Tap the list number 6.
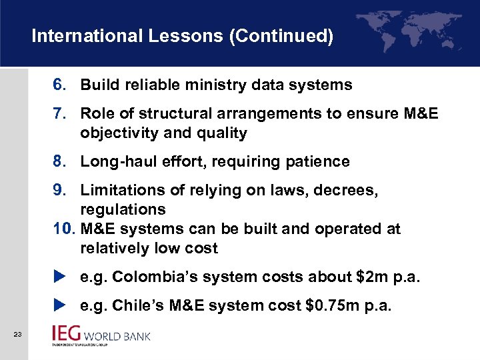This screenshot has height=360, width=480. pos(59,85)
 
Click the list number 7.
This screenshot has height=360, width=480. pos(59,114)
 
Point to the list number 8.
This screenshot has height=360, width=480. pos(59,162)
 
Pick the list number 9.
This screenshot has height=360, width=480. pos(59,191)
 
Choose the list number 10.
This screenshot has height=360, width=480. pos(63,229)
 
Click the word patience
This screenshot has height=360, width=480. pos(321,162)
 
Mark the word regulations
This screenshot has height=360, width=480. pos(123,210)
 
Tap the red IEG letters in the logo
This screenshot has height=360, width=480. pos(68,334)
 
